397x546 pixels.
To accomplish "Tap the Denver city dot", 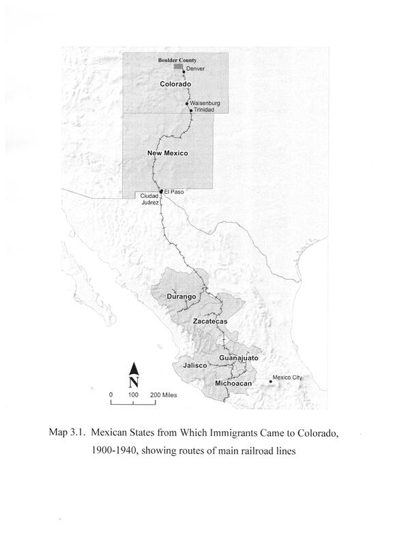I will click(183, 71).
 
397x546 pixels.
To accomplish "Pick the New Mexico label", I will click(168, 154).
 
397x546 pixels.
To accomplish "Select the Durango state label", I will click(181, 297).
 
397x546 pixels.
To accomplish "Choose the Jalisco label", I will click(195, 367).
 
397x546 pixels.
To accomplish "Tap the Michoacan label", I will click(234, 384).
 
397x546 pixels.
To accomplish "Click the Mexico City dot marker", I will click(270, 382).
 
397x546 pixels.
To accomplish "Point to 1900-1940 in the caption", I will click(130, 451).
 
